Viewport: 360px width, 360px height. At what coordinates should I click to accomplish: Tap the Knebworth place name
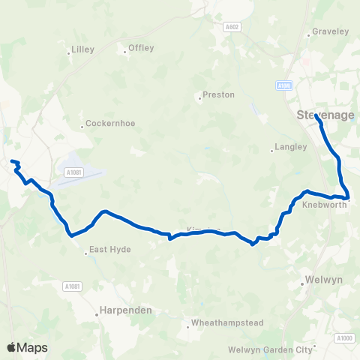click(x=323, y=205)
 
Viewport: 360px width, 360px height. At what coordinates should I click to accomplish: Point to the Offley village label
click(x=141, y=48)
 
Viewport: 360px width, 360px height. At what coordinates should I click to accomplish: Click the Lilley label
click(x=81, y=50)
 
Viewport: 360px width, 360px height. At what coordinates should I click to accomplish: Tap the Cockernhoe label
click(x=110, y=123)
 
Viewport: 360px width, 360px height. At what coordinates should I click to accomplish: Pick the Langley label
click(x=292, y=148)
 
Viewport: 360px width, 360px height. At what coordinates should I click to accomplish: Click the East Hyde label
click(x=110, y=249)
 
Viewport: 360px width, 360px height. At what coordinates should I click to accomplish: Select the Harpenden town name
click(x=126, y=310)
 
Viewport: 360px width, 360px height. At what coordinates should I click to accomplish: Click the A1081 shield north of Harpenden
click(x=72, y=286)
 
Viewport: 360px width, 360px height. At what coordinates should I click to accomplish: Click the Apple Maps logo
click(x=26, y=347)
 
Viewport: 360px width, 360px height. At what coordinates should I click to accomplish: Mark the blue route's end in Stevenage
click(x=316, y=116)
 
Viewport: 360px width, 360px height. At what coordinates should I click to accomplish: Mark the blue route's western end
click(x=11, y=161)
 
